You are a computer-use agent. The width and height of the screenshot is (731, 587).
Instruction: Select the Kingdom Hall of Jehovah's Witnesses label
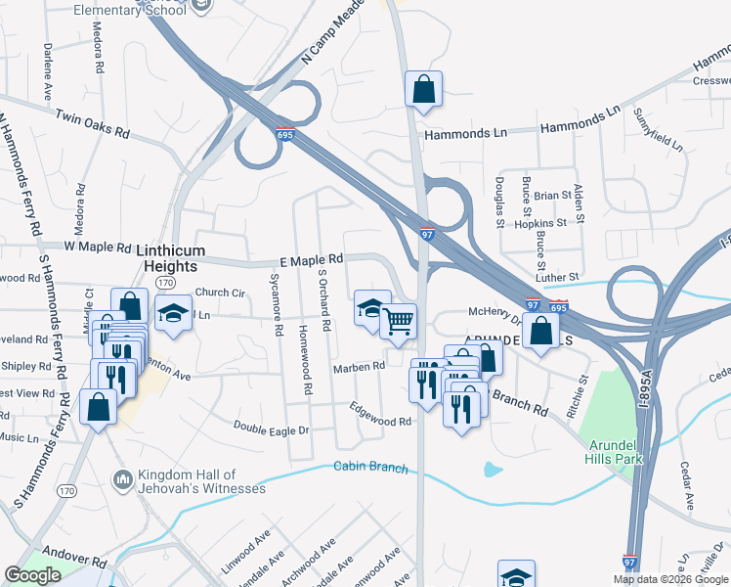pyautogui.click(x=201, y=481)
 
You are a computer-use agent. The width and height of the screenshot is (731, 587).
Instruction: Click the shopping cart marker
pyautogui.click(x=399, y=321)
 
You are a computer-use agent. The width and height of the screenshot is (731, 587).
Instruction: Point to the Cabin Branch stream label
pyautogui.click(x=371, y=468)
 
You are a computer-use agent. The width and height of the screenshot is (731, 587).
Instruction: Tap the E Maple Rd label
pyautogui.click(x=311, y=259)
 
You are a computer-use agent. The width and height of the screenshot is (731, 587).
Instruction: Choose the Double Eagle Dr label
pyautogui.click(x=271, y=428)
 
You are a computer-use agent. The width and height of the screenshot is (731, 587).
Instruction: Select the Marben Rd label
pyautogui.click(x=360, y=366)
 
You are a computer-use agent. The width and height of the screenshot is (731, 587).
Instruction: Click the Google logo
pyautogui.click(x=33, y=575)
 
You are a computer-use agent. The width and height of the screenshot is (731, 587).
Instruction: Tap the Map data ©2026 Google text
pyautogui.click(x=671, y=579)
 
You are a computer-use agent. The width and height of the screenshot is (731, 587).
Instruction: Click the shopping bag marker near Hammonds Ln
pyautogui.click(x=424, y=89)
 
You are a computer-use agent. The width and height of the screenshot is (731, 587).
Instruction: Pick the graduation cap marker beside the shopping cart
pyautogui.click(x=371, y=308)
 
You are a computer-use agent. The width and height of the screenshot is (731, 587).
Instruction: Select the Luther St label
pyautogui.click(x=561, y=278)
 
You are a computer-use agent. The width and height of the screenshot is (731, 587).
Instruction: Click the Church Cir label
pyautogui.click(x=220, y=292)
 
